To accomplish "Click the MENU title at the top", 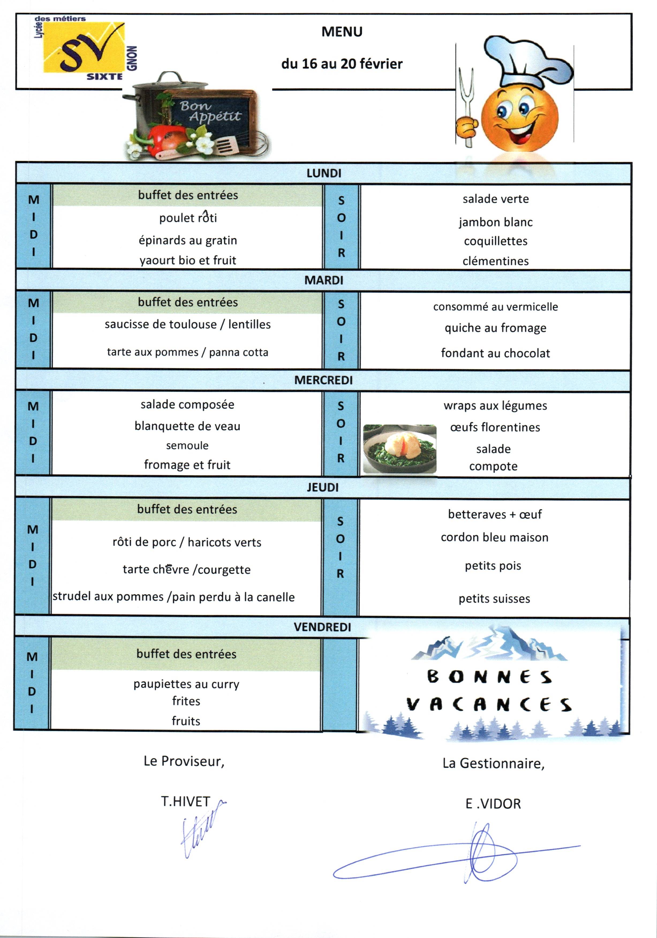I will (342, 32).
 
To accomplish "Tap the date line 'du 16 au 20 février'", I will (342, 64).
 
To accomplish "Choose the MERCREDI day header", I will (323, 380).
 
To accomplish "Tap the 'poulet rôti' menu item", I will (188, 218).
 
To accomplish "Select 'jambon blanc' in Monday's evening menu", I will (496, 222).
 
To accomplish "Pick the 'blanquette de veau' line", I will (187, 426).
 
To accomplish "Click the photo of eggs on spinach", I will (399, 449).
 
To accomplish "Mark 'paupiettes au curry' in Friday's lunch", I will (186, 684).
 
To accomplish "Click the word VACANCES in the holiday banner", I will (489, 704).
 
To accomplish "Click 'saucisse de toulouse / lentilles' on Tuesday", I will (188, 324).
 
